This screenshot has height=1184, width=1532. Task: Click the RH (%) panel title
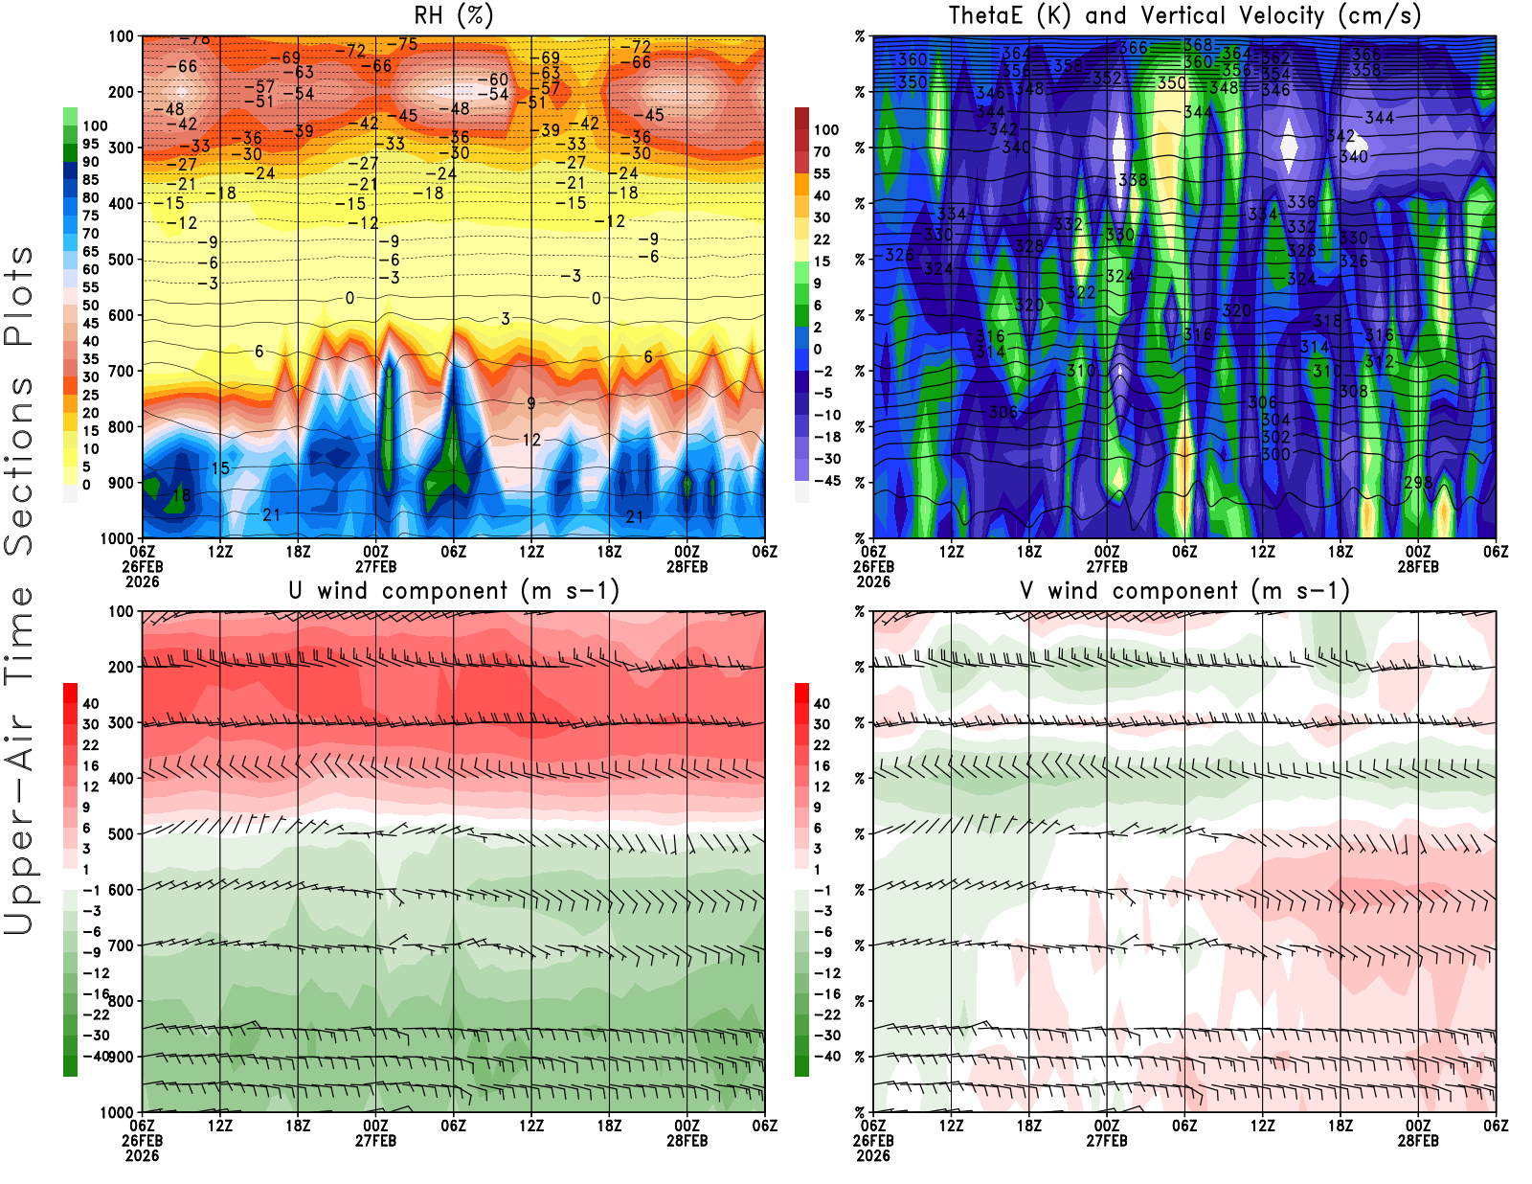tap(453, 16)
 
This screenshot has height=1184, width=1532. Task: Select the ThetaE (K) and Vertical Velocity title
tap(1184, 16)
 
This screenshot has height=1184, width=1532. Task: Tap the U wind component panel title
tap(454, 591)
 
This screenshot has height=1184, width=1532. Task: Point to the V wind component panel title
tap(1184, 591)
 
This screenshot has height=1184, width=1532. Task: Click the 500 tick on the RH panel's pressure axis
tap(122, 260)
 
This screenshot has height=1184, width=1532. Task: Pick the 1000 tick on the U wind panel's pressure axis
tap(118, 1112)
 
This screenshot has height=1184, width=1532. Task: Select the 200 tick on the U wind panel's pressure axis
tap(122, 667)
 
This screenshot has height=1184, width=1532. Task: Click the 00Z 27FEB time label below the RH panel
tap(375, 558)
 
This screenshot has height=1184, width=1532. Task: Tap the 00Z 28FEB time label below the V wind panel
tap(1418, 1133)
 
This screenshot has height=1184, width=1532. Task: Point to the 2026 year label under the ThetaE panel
tap(873, 581)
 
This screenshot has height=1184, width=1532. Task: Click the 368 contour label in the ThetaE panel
tap(1198, 45)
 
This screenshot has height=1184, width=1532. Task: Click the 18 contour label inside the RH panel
tap(181, 496)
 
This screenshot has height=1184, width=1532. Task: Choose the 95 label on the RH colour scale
tap(91, 144)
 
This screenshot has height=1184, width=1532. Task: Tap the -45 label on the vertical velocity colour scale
tap(826, 481)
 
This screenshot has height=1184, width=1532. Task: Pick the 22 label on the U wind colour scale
tap(91, 745)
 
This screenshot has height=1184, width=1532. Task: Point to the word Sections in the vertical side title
tap(19, 465)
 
